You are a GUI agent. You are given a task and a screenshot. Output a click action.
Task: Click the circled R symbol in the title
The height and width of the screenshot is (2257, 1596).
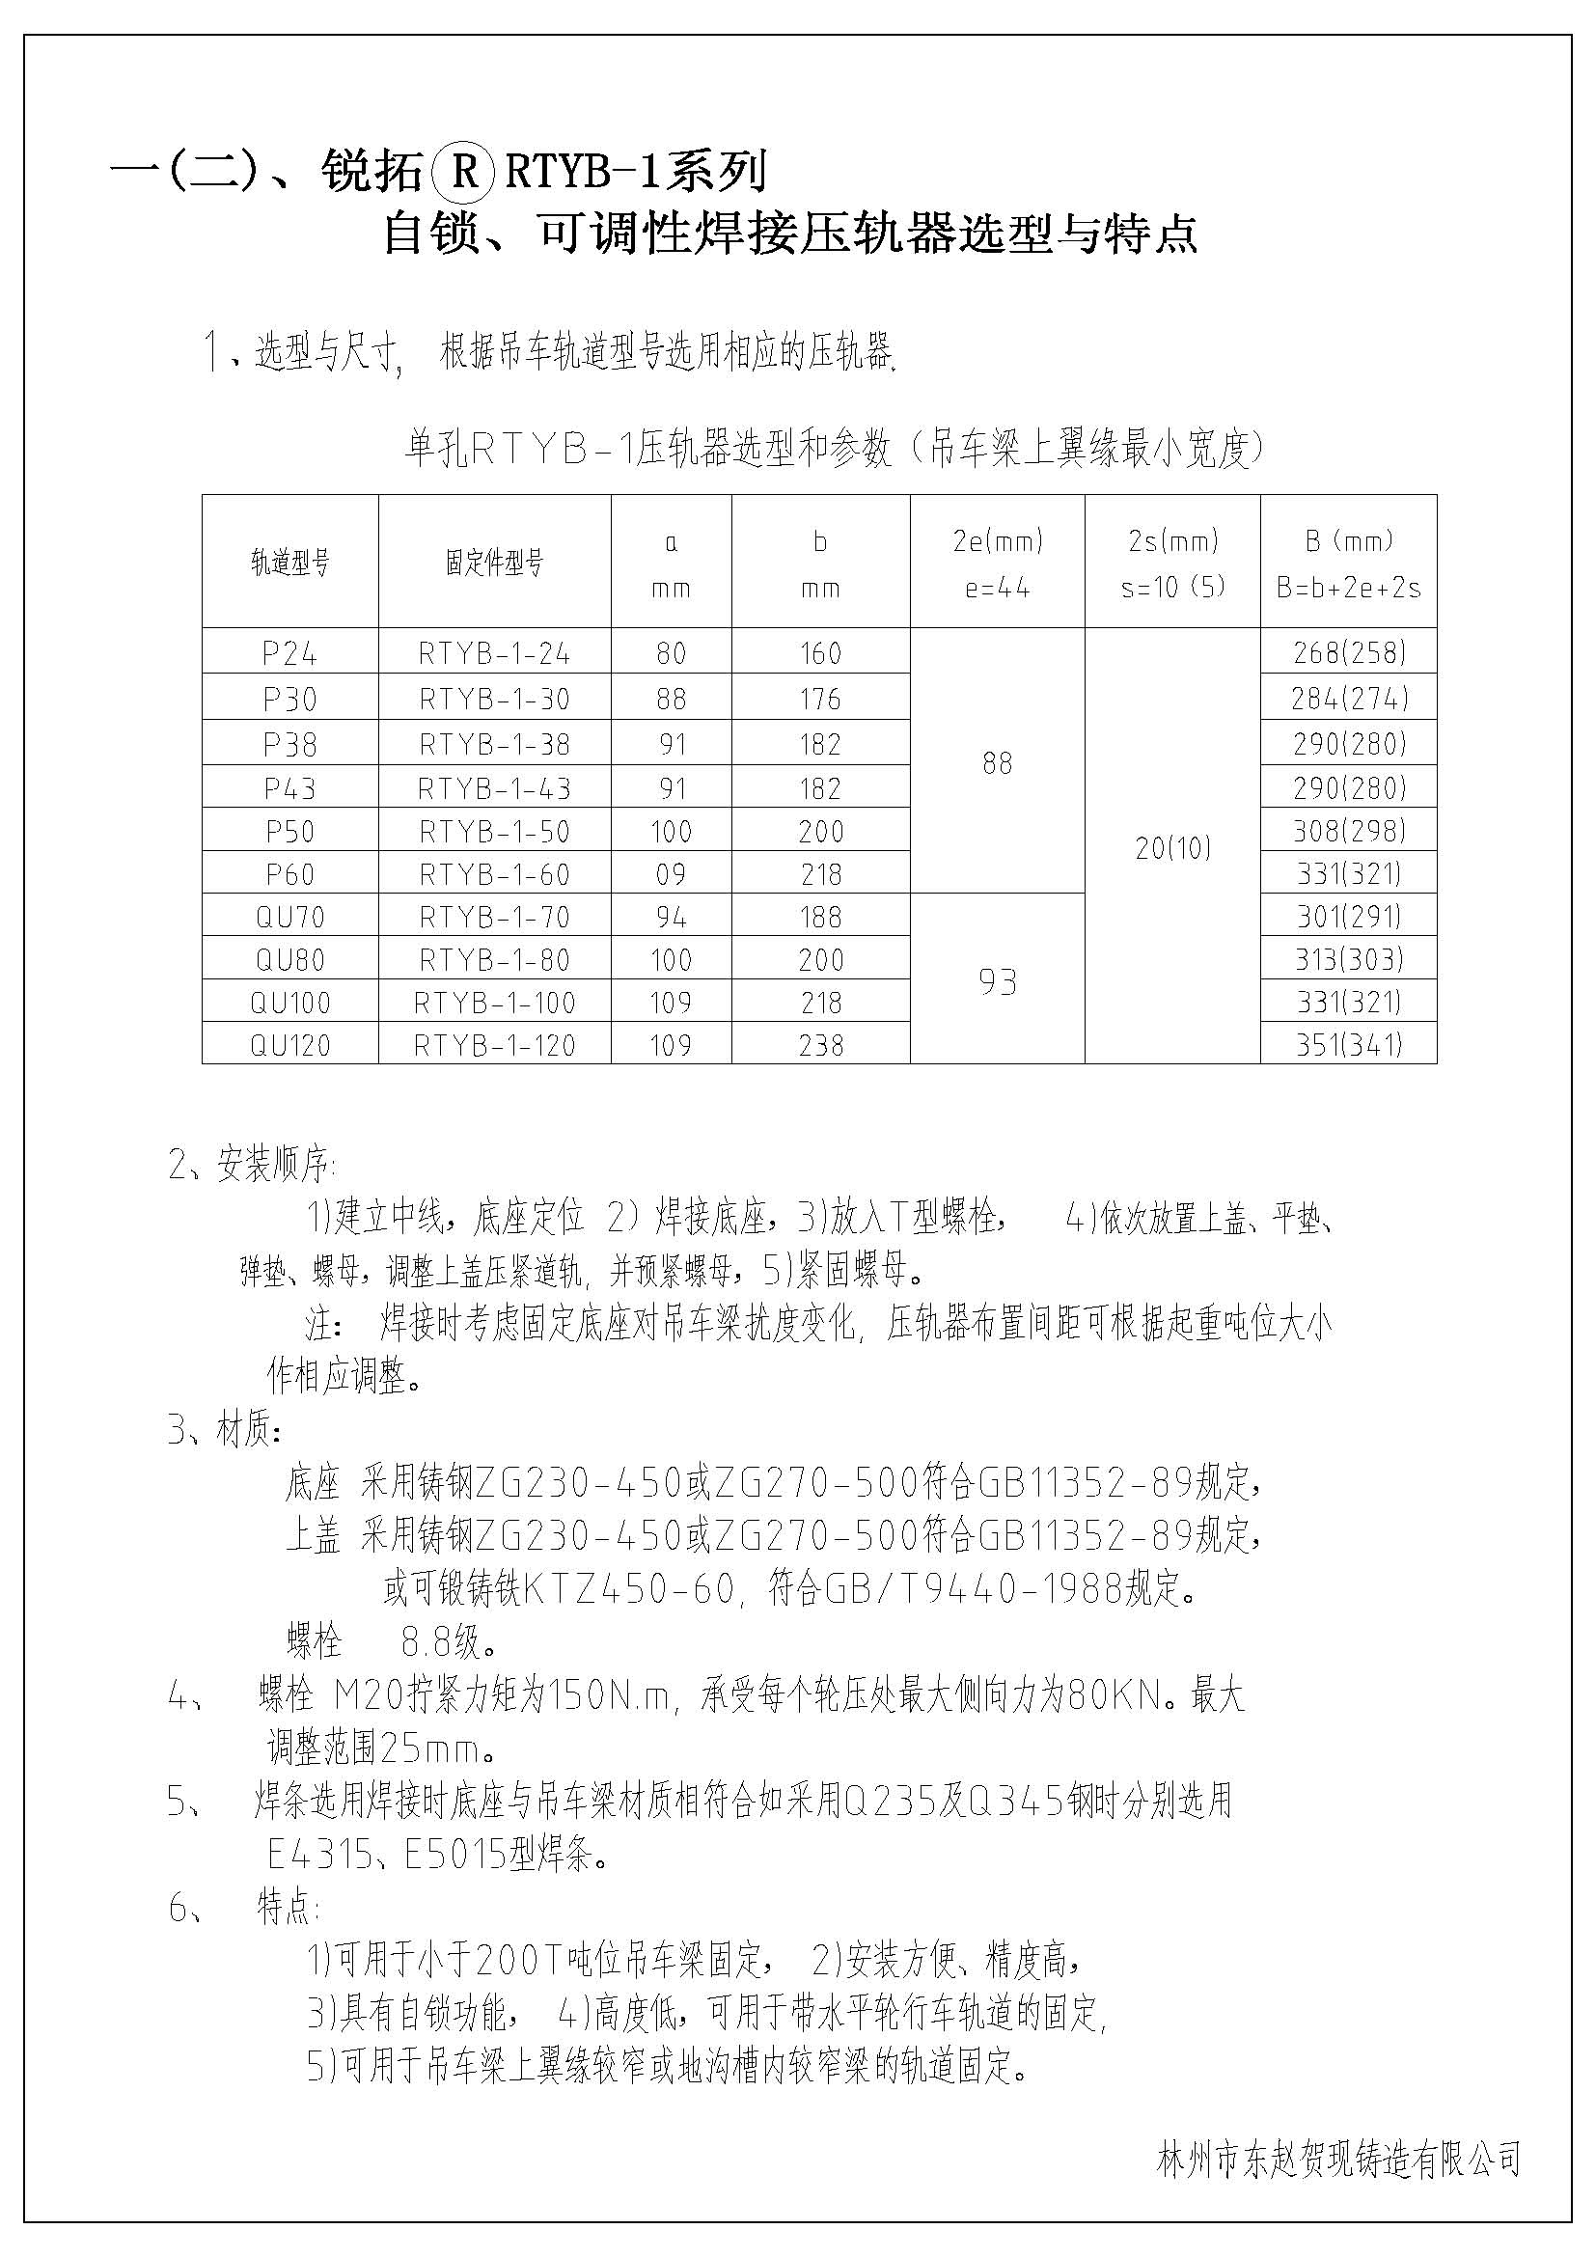pos(463,173)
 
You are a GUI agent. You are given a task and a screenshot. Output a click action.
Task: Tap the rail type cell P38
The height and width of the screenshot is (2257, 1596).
pos(289,744)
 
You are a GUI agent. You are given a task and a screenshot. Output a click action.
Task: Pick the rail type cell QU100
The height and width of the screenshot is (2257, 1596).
pos(289,1003)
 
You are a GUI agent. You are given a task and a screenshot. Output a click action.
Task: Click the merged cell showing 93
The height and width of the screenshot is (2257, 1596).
pos(998,981)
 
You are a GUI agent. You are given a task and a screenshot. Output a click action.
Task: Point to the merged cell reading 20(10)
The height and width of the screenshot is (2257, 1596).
pos(1172,847)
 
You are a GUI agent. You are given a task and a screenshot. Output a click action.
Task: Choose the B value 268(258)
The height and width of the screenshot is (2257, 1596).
pos(1348,652)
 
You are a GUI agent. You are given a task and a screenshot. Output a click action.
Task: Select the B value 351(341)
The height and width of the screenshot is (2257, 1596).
pos(1348,1044)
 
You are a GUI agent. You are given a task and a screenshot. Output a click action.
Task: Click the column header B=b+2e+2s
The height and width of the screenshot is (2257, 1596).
pos(1348,588)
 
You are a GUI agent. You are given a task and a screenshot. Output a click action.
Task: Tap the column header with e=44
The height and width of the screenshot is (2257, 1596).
pos(998,588)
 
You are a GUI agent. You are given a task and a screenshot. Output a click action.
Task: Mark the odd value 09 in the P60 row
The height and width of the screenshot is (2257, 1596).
pos(672,874)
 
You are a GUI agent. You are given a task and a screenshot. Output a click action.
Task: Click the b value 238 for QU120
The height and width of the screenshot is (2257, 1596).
pos(820,1045)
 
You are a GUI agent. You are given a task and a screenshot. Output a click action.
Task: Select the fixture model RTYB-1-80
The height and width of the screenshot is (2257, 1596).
pos(494,959)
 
